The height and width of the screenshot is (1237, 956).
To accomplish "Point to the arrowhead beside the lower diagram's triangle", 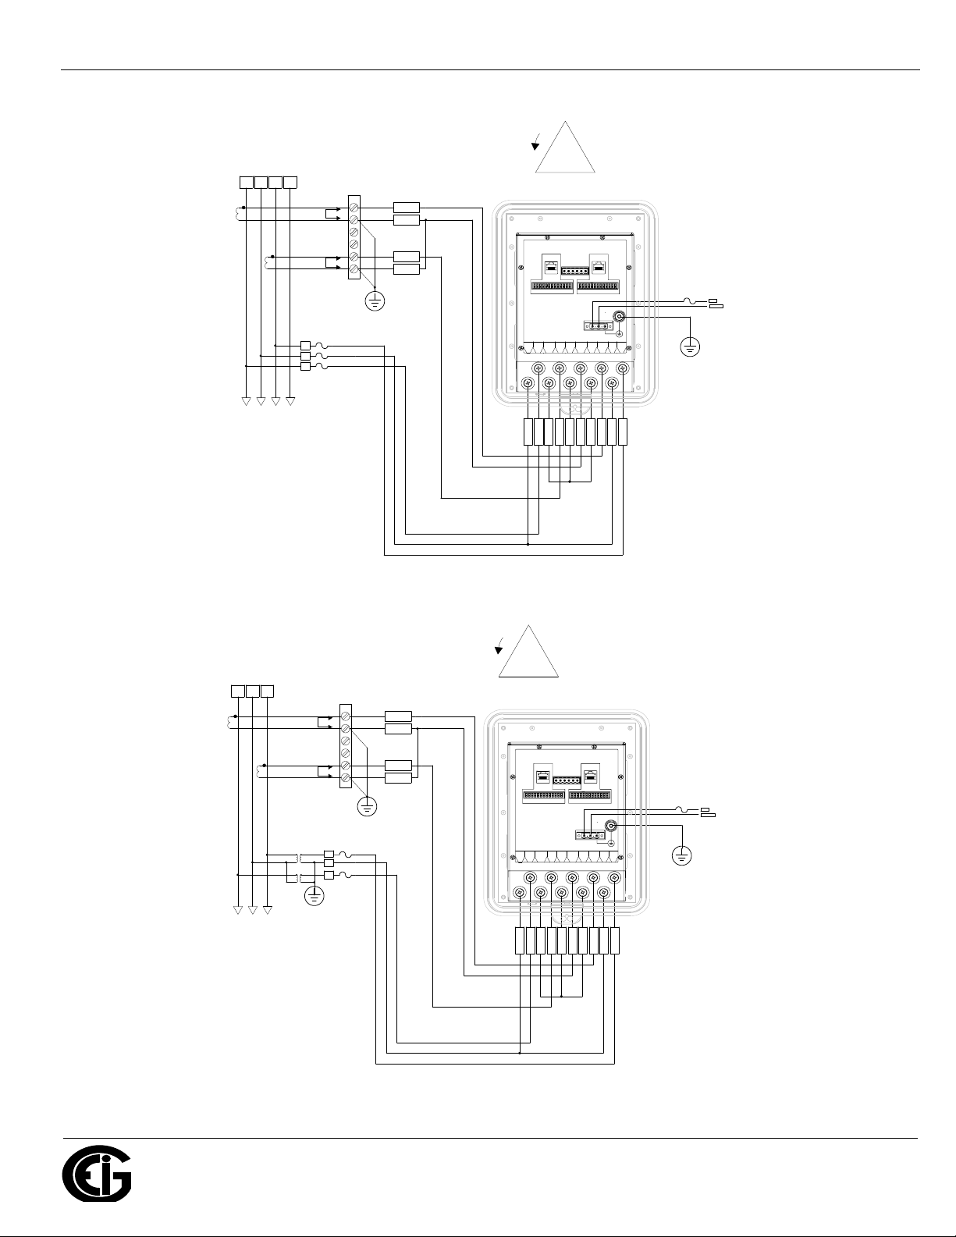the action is (499, 651).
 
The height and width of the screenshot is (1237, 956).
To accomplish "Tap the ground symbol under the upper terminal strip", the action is (375, 301).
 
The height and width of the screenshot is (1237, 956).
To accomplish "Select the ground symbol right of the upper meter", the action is (690, 347).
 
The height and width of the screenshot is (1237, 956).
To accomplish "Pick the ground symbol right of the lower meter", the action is (682, 855).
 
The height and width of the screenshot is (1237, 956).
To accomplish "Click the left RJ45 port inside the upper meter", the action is (551, 265).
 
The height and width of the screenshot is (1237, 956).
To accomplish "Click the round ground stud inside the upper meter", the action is (619, 317).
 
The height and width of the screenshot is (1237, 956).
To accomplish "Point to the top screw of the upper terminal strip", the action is (354, 208).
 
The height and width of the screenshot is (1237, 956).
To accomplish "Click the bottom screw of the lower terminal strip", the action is (346, 777).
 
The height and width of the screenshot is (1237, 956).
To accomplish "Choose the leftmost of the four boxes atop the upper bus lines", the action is (246, 182).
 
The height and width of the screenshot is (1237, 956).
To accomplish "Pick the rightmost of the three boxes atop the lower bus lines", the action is (267, 691).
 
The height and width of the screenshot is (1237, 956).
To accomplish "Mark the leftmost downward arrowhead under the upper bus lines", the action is (246, 401).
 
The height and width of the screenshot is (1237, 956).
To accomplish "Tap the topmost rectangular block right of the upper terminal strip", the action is (407, 208).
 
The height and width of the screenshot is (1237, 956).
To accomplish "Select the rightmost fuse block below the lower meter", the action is (615, 940).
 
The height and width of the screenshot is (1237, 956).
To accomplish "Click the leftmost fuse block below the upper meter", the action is (528, 432).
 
